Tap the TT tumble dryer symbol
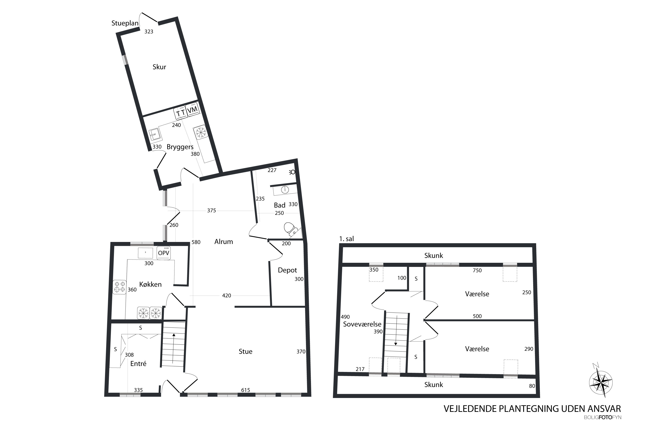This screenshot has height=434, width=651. [x=180, y=113]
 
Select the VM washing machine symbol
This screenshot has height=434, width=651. [x=192, y=110]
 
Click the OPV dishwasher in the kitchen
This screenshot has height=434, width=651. [x=164, y=253]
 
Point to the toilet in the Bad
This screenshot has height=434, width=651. [x=290, y=229]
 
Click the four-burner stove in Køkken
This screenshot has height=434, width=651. [x=120, y=287]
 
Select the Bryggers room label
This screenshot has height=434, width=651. [x=180, y=147]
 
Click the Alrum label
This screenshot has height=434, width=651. [x=224, y=242]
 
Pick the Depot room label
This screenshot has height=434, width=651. [x=287, y=270]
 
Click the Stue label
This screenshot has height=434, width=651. [x=245, y=352]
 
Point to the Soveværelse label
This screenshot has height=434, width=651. [x=362, y=324]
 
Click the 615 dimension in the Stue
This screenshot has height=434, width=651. [x=245, y=390]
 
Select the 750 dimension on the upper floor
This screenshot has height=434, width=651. [x=477, y=270]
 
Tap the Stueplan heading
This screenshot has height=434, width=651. [x=125, y=23]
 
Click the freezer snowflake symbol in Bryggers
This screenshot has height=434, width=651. [x=200, y=132]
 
